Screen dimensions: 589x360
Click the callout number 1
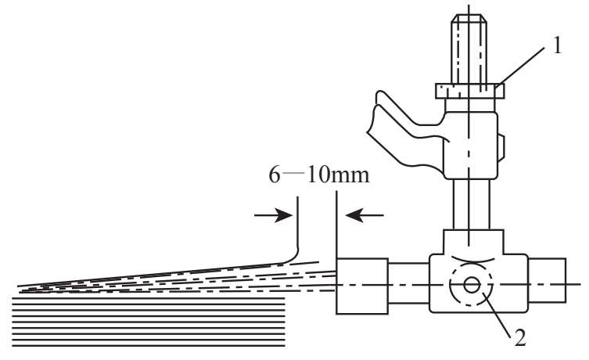(x=557, y=47)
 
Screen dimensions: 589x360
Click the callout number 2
(x=520, y=337)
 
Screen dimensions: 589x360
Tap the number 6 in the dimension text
(x=275, y=175)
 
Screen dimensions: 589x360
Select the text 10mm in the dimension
(x=338, y=175)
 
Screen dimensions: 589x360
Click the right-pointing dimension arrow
(x=273, y=215)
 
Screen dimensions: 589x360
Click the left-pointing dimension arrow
(x=365, y=215)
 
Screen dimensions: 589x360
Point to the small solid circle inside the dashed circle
(x=472, y=285)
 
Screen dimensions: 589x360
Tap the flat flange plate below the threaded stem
(x=469, y=91)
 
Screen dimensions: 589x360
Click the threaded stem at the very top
(x=469, y=49)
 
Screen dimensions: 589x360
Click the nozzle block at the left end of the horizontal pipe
(x=362, y=286)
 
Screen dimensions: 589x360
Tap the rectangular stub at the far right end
(x=547, y=280)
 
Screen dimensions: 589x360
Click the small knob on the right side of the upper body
(x=501, y=148)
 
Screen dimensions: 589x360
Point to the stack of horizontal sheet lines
(x=149, y=322)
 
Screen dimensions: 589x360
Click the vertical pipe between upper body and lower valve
(x=472, y=204)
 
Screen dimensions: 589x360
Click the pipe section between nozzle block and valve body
(x=408, y=283)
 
